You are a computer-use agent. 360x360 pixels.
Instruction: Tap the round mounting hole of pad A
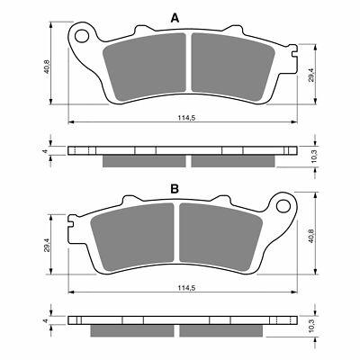pyautogui.click(x=83, y=37)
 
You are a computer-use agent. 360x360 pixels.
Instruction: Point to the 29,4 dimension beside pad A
pyautogui.click(x=312, y=75)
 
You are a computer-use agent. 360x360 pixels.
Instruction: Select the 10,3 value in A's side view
pyautogui.click(x=312, y=155)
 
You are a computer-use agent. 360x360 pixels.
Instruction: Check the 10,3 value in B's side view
pyautogui.click(x=312, y=325)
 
